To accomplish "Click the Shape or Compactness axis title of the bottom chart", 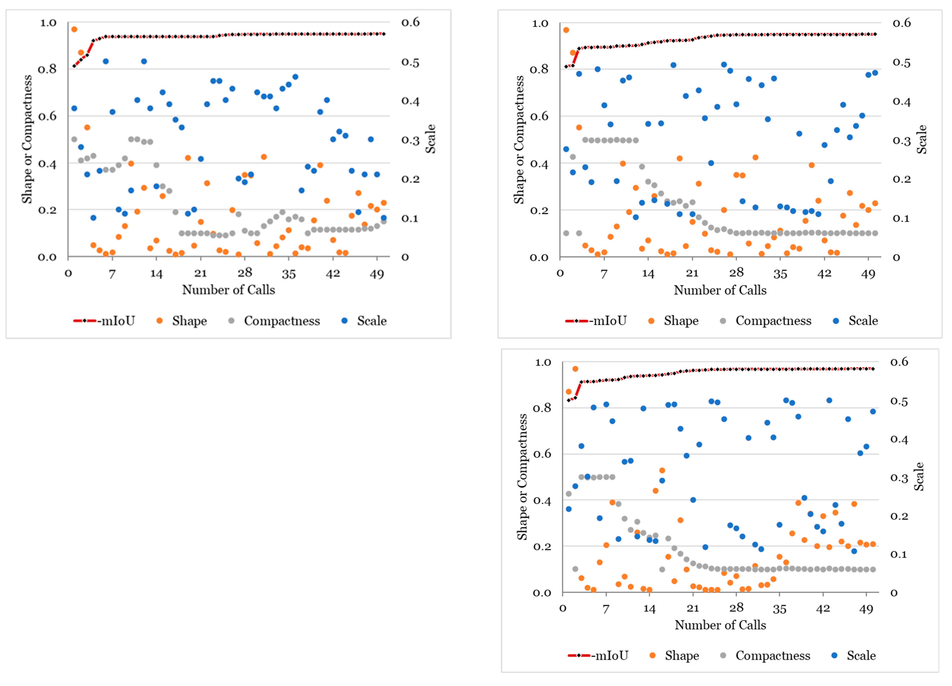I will point(522,477).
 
